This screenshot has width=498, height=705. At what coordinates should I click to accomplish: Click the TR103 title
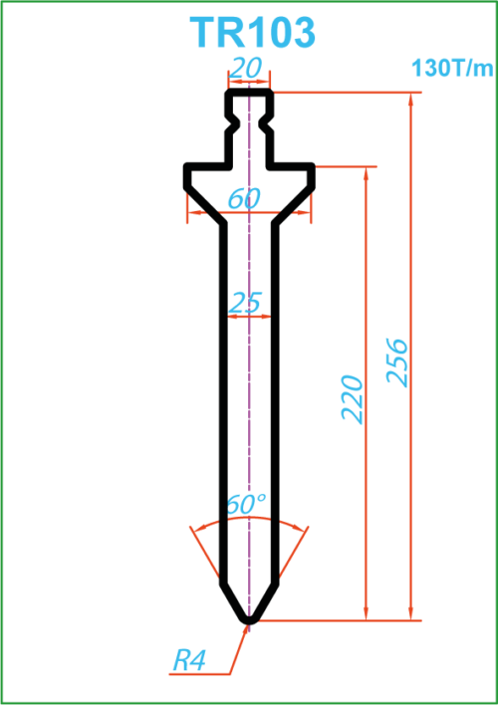tap(252, 33)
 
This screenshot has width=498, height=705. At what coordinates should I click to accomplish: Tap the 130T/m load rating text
tap(452, 69)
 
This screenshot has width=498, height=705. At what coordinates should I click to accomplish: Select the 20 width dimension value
tap(247, 69)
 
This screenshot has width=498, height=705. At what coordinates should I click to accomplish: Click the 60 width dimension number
tap(245, 198)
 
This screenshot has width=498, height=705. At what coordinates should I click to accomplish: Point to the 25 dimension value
tap(245, 303)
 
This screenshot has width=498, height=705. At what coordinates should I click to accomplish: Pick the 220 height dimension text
tap(353, 399)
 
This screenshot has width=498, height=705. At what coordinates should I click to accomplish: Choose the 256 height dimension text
tap(397, 362)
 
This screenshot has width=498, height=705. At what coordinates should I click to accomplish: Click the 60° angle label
tap(246, 504)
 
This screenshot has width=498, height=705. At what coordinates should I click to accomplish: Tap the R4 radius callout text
tap(189, 662)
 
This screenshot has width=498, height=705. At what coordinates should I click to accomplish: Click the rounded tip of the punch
tap(250, 619)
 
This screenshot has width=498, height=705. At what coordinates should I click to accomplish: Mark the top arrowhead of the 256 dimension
tap(410, 99)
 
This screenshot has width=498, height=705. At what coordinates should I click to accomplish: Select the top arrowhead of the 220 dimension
tap(367, 173)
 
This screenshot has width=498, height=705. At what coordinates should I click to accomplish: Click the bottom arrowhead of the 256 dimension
tap(410, 613)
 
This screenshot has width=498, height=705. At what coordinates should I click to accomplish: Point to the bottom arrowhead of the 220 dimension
tap(367, 613)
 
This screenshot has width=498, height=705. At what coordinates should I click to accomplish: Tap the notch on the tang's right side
tap(265, 122)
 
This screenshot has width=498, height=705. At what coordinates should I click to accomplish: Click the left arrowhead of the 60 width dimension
tap(194, 212)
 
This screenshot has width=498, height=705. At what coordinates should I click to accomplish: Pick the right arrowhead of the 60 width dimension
tap(304, 212)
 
